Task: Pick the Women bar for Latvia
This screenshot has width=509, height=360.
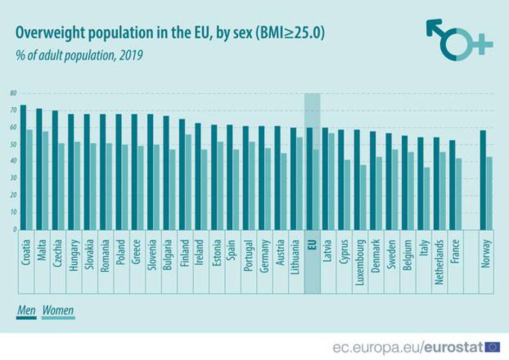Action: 331,181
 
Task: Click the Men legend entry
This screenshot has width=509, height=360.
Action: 27,311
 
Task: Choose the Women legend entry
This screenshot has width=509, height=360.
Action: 58,311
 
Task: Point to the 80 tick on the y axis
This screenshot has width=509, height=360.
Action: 13,94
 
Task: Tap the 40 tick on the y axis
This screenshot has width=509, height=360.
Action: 13,161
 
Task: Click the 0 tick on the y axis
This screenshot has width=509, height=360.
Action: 14,230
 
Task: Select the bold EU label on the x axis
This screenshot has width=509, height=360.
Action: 311,245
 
